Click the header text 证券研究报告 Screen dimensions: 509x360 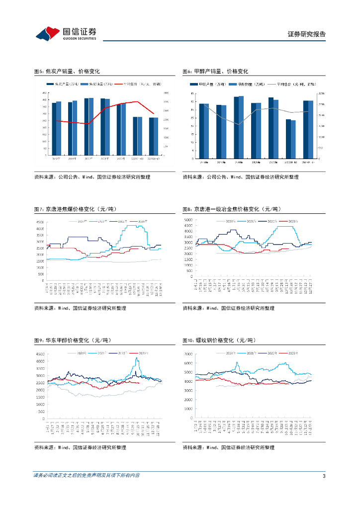pos(307,34)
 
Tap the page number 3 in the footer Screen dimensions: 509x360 pos(324,476)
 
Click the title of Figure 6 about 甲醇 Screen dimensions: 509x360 pos(215,72)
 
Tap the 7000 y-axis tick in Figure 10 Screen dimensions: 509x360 pos(188,354)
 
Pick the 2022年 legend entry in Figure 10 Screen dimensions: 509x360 pos(271,353)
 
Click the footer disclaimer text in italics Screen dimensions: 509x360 pos(87,476)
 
